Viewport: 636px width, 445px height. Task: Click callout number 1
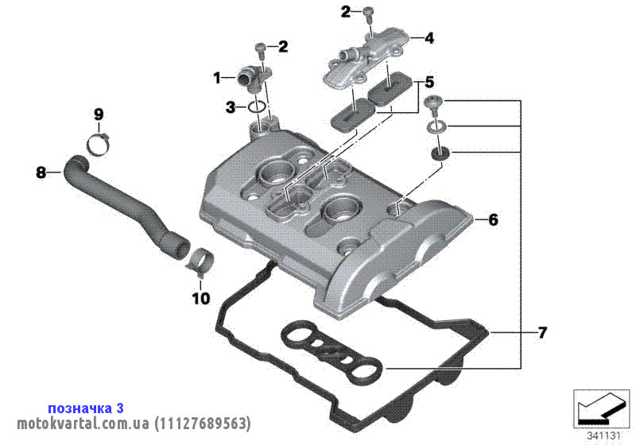[217, 77]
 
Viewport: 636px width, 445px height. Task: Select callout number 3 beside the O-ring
[231, 107]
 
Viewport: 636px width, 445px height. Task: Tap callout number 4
[429, 38]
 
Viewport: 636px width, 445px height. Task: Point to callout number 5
[429, 83]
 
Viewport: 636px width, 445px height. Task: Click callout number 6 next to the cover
[493, 219]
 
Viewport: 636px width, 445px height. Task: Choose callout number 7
[542, 333]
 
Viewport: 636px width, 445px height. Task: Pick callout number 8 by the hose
[41, 172]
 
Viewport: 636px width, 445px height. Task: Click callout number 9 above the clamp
[99, 114]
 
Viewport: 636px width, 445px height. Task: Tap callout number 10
[201, 299]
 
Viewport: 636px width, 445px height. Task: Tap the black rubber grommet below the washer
[440, 153]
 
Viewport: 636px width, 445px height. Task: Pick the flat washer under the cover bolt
[436, 126]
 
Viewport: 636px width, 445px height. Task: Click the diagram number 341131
[604, 436]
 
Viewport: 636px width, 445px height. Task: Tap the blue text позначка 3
[86, 408]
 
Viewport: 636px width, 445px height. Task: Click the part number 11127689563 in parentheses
[203, 424]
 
